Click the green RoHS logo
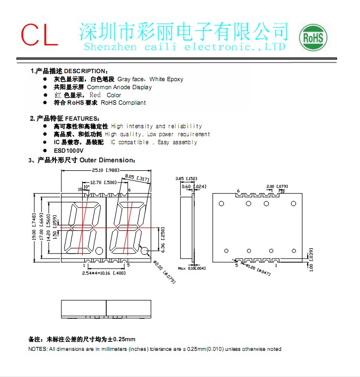click(x=313, y=37)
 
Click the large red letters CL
click(x=39, y=35)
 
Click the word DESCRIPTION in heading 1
click(x=86, y=71)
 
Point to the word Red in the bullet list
click(x=95, y=95)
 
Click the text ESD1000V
click(x=68, y=151)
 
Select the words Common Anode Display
click(x=119, y=87)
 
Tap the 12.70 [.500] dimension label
click(x=102, y=183)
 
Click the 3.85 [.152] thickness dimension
click(x=186, y=178)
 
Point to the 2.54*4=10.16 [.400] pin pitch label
click(x=97, y=273)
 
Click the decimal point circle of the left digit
click(x=99, y=250)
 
